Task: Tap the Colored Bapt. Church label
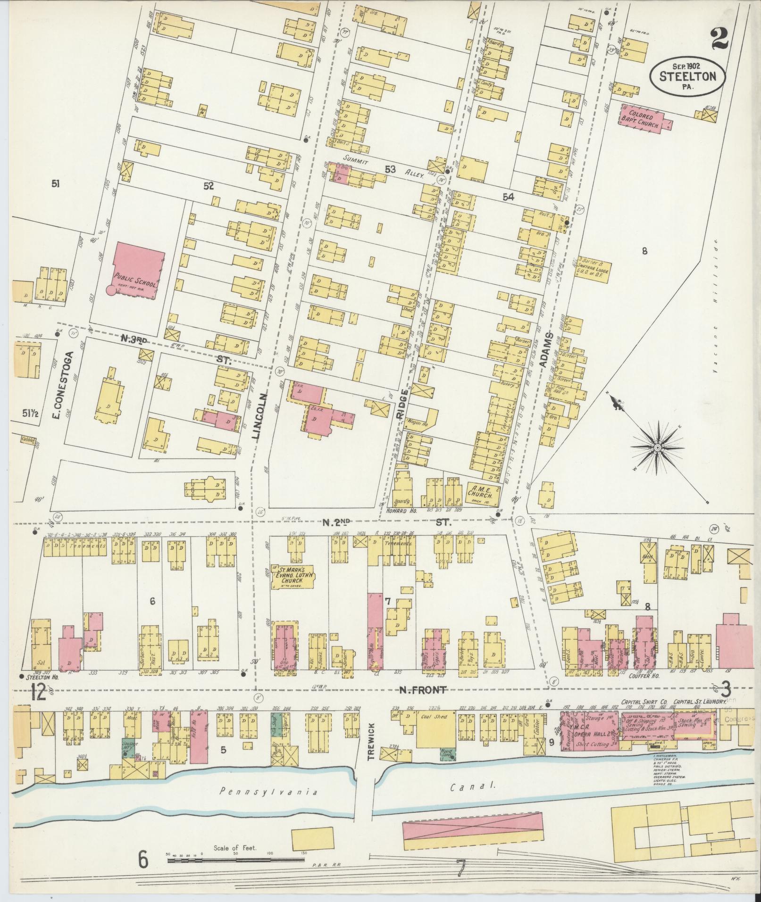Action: pyautogui.click(x=643, y=119)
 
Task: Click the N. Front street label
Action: pyautogui.click(x=422, y=690)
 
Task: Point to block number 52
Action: pyautogui.click(x=209, y=186)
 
